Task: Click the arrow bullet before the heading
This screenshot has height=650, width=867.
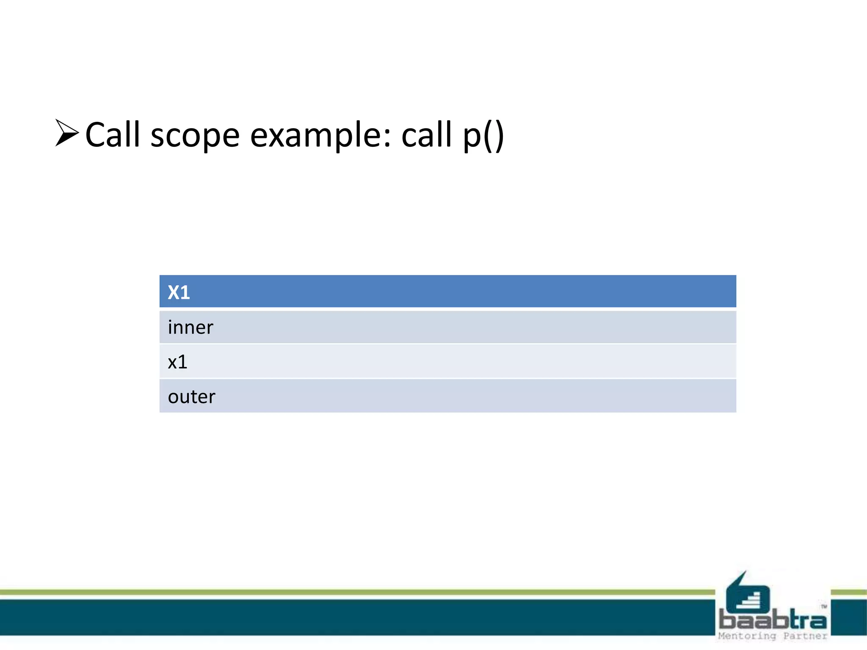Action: point(67,133)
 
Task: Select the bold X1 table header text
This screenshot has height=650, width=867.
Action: point(179,292)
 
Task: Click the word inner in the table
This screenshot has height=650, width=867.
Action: point(191,328)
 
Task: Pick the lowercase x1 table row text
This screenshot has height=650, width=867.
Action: point(177,362)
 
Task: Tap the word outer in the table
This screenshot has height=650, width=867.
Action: point(191,397)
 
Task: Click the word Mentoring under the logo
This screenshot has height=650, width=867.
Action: point(747,636)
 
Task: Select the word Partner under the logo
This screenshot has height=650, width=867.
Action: point(805,636)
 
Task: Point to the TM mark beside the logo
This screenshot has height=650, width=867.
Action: point(824,606)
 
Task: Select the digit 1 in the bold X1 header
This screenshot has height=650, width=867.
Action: point(185,292)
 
